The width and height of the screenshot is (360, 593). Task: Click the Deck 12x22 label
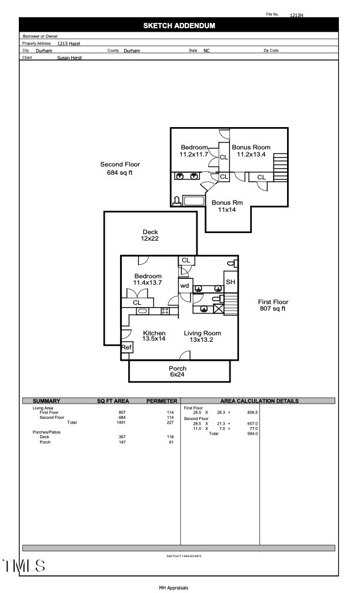[x=149, y=235]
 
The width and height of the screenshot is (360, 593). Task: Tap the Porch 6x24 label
[x=178, y=372]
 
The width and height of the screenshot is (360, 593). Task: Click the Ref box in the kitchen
[x=126, y=348]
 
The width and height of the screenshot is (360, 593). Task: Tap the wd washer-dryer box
[x=185, y=285]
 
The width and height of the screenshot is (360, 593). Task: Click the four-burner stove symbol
[x=165, y=310]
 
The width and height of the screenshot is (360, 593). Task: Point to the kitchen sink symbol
[x=143, y=310]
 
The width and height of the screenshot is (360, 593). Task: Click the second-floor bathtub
[x=194, y=201]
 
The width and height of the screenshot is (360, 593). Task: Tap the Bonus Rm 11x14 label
[x=226, y=206]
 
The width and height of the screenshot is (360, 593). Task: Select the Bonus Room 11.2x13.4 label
[x=251, y=151]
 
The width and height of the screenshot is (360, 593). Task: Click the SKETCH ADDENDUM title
[x=179, y=26]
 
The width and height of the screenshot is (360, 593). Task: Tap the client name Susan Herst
[x=69, y=58]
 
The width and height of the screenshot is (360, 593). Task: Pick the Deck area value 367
[x=122, y=437]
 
